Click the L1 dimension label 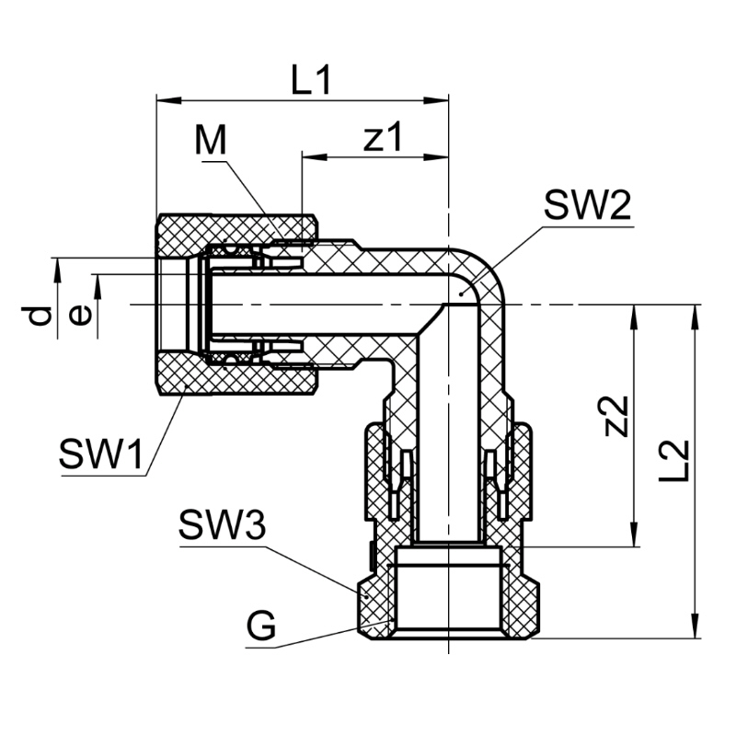[310, 83]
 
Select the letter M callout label [211, 142]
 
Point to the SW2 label [586, 206]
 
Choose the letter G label [261, 627]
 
